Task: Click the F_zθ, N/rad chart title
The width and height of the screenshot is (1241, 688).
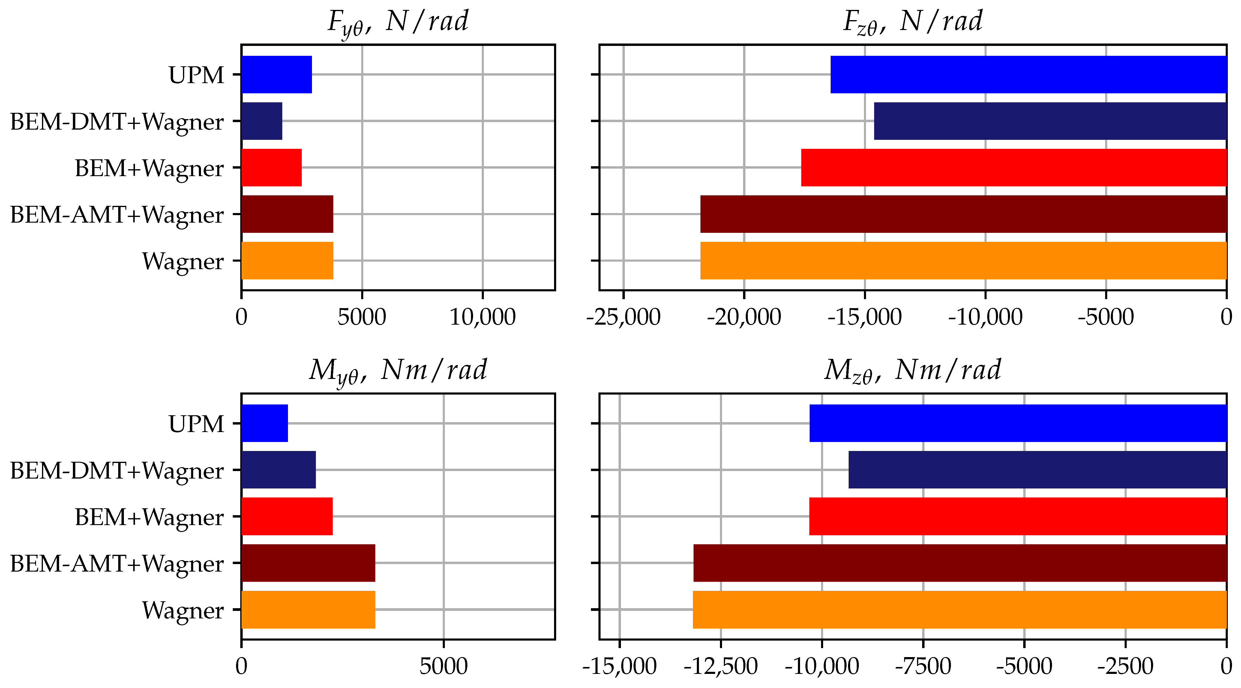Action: (x=913, y=22)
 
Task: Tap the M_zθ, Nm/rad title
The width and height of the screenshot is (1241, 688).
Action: (x=913, y=371)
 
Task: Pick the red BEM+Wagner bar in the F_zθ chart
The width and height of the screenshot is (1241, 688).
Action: (x=1014, y=168)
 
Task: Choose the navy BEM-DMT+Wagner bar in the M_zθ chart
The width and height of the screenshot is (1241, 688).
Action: (x=1037, y=470)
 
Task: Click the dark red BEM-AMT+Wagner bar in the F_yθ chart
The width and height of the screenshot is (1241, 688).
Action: (x=287, y=214)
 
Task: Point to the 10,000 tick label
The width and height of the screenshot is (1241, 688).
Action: (x=482, y=317)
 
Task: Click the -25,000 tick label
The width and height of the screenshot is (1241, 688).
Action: (x=623, y=317)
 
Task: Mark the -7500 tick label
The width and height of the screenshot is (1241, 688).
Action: (x=923, y=667)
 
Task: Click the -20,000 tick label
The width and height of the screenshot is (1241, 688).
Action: (x=744, y=317)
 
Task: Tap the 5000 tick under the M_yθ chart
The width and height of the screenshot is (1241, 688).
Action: (x=443, y=667)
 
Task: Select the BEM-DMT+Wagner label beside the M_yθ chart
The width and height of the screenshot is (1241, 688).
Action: (x=117, y=471)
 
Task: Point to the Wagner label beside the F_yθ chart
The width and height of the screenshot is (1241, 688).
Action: (x=183, y=262)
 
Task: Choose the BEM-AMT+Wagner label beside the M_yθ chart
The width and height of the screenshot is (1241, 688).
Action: (x=117, y=564)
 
